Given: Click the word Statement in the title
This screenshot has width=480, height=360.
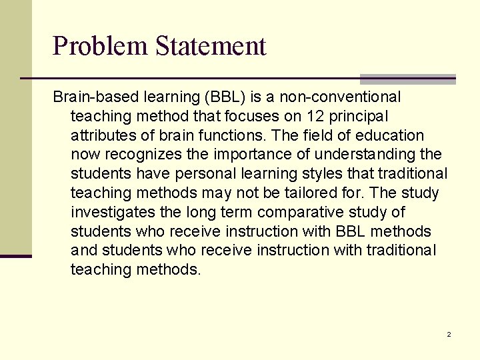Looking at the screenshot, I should pos(211,46).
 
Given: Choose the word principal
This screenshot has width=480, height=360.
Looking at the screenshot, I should pos(365,117).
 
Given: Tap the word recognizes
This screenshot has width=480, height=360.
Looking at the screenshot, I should pos(141,155).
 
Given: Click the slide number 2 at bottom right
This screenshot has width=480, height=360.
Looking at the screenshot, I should pos(449,334).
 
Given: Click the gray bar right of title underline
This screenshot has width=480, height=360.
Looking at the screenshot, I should pos(407,79).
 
